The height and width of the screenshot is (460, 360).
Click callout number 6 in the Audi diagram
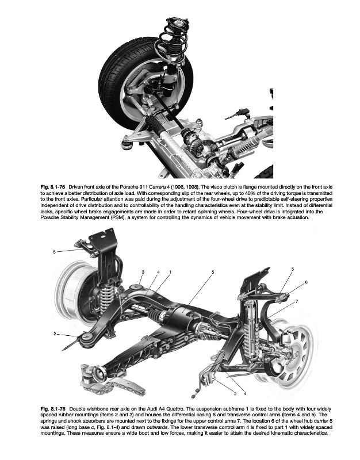click(307, 282)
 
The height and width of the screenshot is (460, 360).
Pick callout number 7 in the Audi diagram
click(297, 301)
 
